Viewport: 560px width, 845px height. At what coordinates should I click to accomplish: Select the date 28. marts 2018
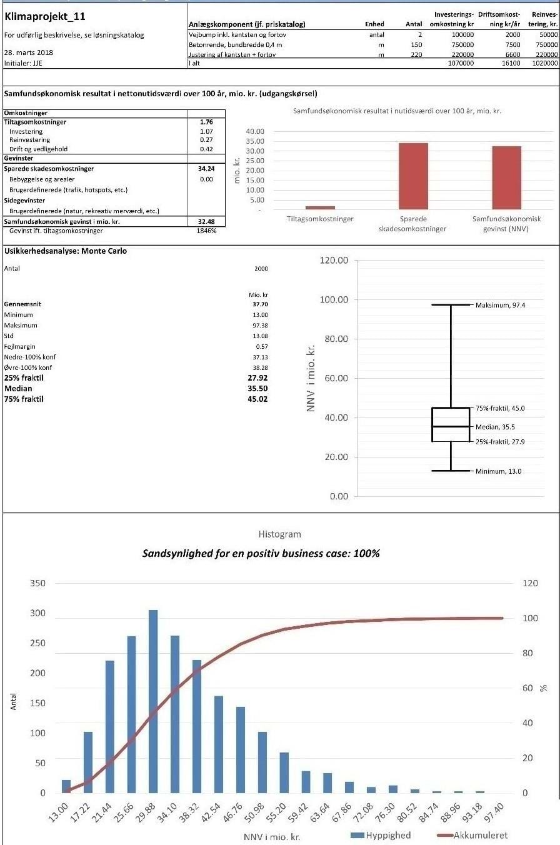click(28, 52)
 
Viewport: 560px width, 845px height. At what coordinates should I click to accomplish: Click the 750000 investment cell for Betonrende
click(462, 45)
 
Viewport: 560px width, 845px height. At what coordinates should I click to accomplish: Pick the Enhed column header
click(374, 24)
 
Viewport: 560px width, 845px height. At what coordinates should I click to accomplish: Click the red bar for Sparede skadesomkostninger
click(413, 176)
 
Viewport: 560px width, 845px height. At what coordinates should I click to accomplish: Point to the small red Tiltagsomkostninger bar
click(320, 207)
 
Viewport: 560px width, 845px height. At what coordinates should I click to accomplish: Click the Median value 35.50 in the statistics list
click(257, 389)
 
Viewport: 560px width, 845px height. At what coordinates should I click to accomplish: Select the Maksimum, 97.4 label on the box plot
click(499, 306)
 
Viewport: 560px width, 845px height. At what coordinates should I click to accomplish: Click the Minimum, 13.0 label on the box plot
click(498, 471)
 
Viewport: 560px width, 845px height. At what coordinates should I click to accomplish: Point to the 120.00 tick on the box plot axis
click(334, 260)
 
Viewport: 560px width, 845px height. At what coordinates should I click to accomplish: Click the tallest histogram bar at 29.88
click(153, 701)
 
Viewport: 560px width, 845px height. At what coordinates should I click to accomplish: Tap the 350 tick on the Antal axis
click(37, 583)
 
